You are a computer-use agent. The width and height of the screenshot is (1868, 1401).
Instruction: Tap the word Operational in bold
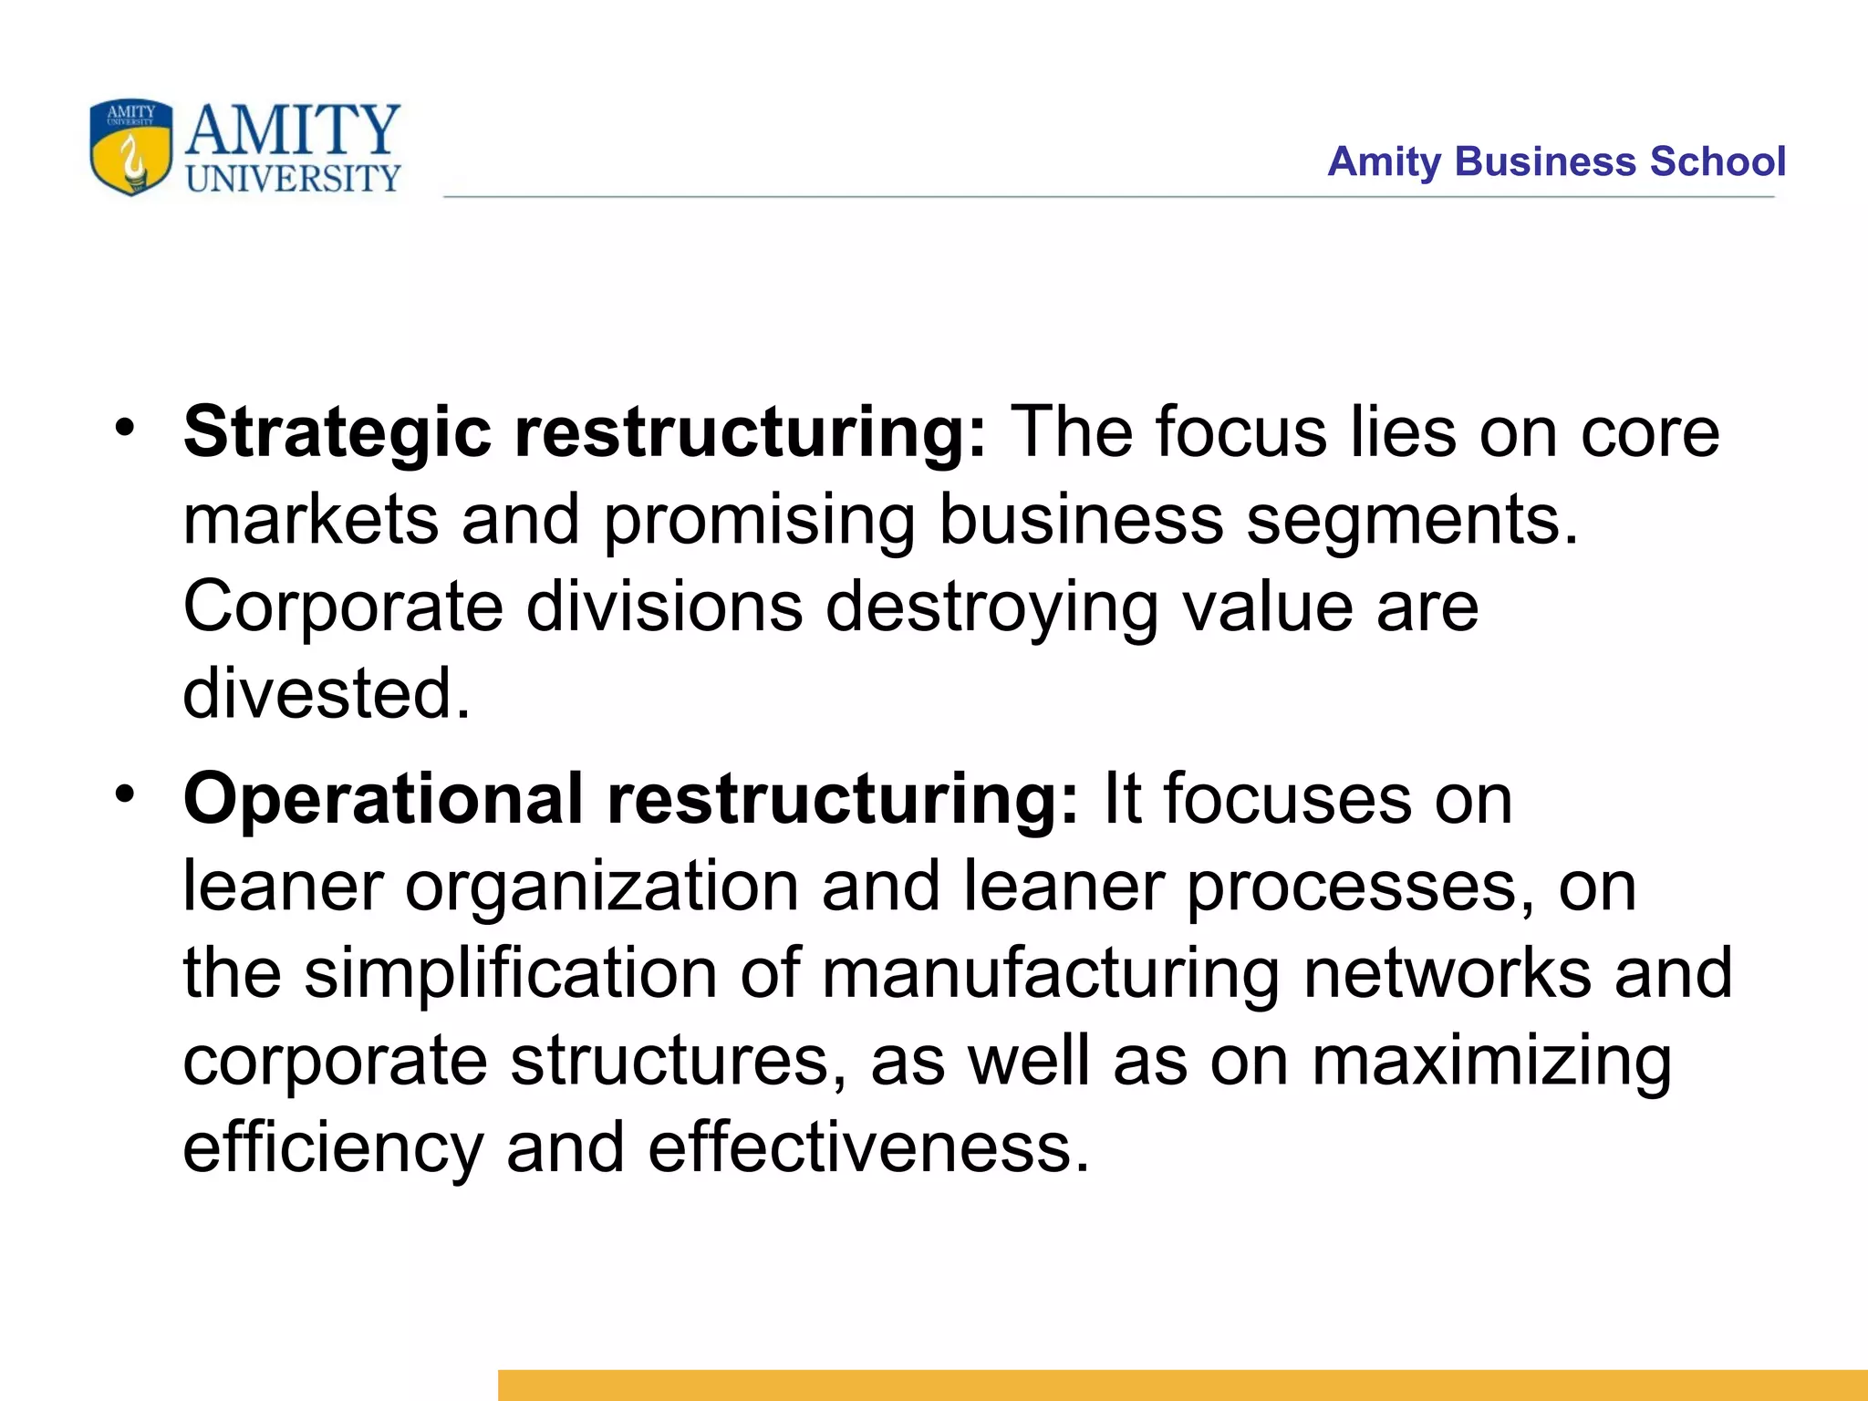[383, 799]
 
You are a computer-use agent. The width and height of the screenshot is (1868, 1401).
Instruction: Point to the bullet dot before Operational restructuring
[125, 794]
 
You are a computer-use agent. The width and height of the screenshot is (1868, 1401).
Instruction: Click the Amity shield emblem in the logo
[130, 147]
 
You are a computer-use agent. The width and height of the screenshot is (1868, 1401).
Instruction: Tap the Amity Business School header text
[1556, 161]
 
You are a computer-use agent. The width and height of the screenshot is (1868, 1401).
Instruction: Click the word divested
[327, 693]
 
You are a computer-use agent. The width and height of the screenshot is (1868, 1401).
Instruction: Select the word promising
[760, 520]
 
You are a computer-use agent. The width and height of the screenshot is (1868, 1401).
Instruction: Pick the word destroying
[992, 607]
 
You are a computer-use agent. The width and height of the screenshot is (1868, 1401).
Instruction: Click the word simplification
[511, 973]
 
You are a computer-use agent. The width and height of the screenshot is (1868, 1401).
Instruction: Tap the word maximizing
[1492, 1061]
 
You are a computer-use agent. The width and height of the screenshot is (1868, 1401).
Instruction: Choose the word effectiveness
[869, 1147]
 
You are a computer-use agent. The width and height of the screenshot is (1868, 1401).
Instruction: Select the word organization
[602, 887]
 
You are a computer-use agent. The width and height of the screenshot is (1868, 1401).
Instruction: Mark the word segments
[1412, 520]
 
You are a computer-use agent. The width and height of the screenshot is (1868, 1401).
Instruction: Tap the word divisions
[665, 607]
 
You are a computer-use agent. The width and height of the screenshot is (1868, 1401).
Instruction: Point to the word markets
[311, 520]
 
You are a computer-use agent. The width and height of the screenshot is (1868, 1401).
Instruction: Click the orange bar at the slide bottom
[1182, 1385]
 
